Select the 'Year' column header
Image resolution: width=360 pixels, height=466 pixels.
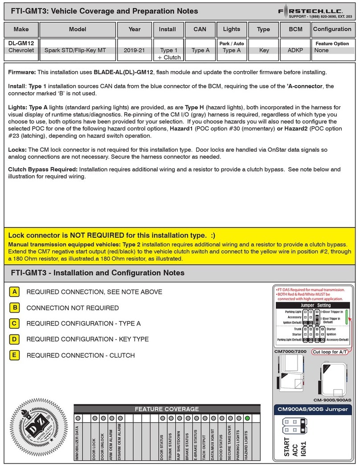(134, 29)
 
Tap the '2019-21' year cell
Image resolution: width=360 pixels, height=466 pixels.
(134, 50)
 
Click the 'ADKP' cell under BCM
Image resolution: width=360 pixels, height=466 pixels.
(295, 50)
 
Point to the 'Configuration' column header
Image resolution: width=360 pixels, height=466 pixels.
(332, 29)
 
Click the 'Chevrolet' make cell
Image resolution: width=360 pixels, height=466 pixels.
(21, 50)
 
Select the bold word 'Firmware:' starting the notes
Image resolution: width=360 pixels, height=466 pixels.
(22, 72)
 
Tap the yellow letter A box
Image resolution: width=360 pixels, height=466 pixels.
(15, 292)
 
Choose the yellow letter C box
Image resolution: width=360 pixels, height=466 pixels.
(15, 324)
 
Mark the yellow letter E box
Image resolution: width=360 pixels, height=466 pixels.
(15, 355)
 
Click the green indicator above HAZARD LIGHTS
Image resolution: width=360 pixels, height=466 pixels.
(247, 418)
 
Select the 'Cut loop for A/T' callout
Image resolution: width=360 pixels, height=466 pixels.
(330, 352)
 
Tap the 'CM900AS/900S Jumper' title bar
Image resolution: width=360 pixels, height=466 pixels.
(312, 409)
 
